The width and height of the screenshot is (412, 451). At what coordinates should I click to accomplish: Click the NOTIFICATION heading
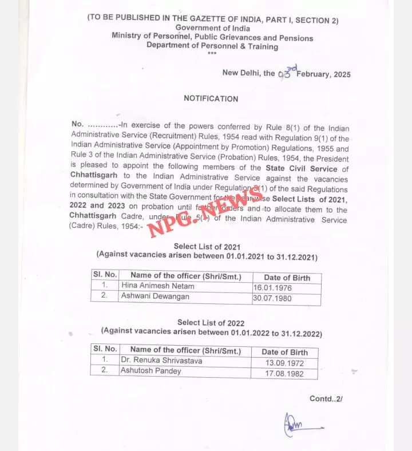point(211,98)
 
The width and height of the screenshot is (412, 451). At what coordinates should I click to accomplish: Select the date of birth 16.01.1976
point(271,288)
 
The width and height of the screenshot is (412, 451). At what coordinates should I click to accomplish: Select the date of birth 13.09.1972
point(284,363)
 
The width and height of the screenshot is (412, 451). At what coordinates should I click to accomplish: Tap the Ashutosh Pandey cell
point(150,371)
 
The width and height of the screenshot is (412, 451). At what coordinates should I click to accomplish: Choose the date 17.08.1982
point(284,374)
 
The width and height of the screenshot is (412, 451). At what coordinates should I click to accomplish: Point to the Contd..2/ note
point(326,399)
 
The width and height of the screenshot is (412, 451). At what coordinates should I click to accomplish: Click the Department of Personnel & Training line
point(212,46)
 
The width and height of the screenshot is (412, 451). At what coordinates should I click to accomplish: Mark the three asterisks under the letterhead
point(212,54)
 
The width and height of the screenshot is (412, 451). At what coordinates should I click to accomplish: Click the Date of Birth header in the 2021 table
point(287,278)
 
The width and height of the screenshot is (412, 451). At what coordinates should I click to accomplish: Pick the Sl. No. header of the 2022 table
point(104,349)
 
